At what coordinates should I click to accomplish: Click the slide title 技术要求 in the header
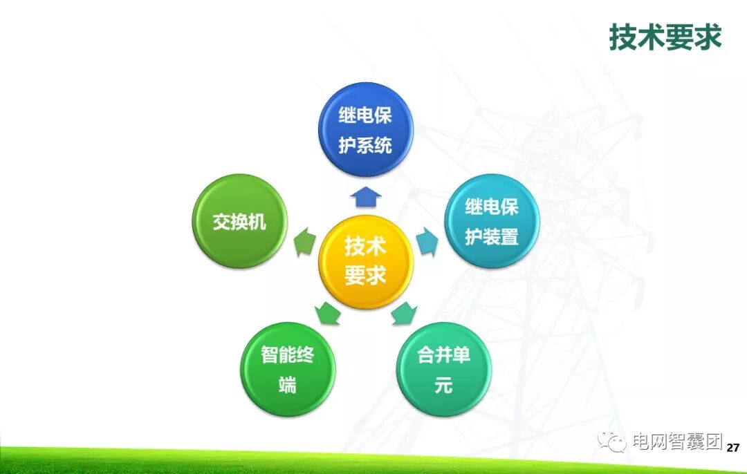coord(665,37)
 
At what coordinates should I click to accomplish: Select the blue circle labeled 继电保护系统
coord(365,129)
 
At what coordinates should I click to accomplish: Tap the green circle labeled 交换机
coord(238,221)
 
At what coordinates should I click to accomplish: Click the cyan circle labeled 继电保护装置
coord(491,221)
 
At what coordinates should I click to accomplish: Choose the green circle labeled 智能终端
coord(287,369)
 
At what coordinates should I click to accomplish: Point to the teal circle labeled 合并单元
coord(443,369)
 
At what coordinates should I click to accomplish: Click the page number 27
coord(733,448)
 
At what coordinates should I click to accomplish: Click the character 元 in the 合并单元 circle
coord(443,385)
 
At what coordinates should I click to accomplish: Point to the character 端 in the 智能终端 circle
coord(287,385)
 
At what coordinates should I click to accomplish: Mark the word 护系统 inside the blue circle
coord(365,145)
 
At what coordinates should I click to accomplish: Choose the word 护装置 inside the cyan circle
coord(491,237)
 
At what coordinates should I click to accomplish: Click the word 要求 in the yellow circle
coord(365,276)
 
